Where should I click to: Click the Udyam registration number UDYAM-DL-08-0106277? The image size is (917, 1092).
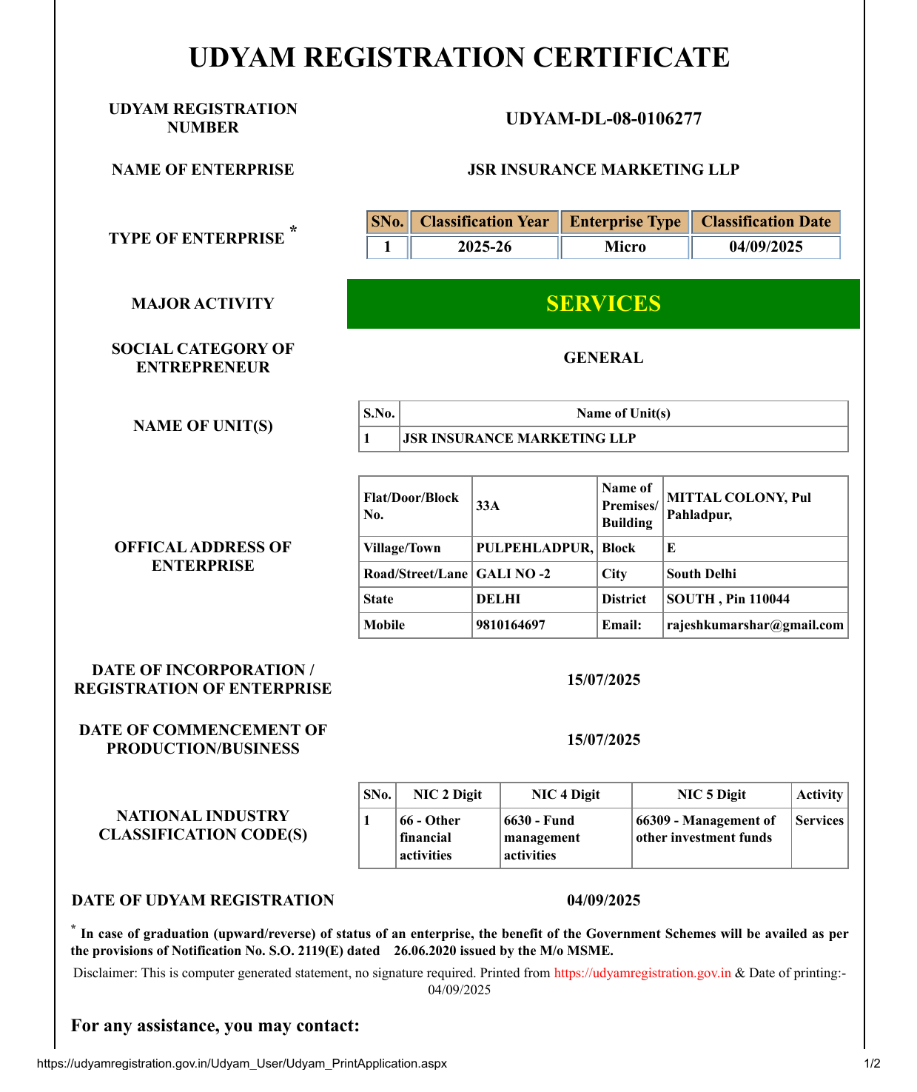(603, 118)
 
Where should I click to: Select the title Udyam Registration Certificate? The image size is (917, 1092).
(459, 58)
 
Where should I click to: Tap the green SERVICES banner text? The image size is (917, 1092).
(603, 304)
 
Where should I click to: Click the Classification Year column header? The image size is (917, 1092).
(484, 222)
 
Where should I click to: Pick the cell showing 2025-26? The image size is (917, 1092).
(484, 247)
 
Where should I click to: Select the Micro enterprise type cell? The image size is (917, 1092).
(625, 247)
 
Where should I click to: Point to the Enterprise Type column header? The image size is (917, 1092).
(625, 222)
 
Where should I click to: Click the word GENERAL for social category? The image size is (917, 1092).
(603, 358)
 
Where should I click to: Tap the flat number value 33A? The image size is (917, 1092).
(488, 506)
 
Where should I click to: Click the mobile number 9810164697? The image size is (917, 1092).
(511, 625)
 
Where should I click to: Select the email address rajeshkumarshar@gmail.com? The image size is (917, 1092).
(755, 625)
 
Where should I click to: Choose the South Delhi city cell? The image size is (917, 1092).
(701, 574)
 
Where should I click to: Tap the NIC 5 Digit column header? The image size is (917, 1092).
(711, 794)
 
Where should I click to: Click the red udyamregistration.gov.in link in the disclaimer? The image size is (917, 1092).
(642, 973)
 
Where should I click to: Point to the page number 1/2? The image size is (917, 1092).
(872, 1064)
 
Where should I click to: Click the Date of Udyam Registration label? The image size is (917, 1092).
(203, 900)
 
